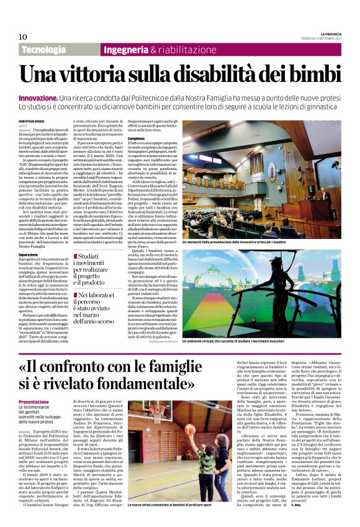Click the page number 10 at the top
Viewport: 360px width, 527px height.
(x=23, y=37)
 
